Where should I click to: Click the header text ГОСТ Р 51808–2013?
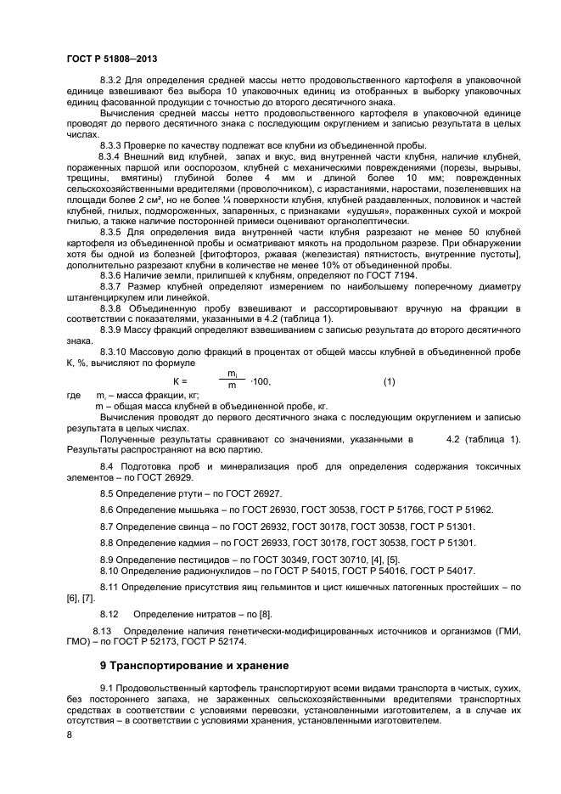110,59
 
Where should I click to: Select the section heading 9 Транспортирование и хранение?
194,665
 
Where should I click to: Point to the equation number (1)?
389,381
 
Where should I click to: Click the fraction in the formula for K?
232,380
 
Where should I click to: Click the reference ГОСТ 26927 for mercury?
253,493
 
